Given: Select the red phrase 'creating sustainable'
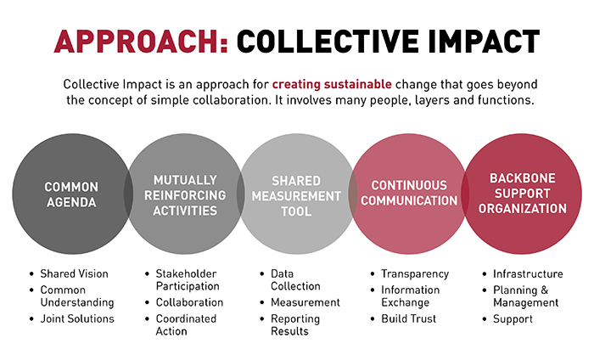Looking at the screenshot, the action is click(332, 84).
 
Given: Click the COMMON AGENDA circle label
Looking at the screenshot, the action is click(71, 194).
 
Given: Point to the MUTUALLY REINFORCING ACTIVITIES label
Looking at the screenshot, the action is click(185, 195).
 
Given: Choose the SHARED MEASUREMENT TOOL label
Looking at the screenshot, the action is click(296, 196).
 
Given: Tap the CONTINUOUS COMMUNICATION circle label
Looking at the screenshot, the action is click(409, 193).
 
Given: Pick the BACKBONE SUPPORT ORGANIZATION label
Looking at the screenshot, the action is click(523, 194).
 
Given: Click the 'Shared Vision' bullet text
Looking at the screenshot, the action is click(75, 273).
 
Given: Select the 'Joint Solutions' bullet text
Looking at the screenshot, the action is click(77, 318).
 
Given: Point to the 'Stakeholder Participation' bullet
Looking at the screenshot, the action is click(187, 279).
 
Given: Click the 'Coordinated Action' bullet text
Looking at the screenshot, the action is click(186, 324).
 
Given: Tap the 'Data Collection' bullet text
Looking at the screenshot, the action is click(295, 279).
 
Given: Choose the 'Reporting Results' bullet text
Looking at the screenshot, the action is click(295, 324).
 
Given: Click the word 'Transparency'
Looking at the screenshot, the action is click(415, 274).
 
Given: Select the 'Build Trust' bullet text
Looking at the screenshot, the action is click(409, 318).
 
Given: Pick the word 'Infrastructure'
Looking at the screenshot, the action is click(528, 273).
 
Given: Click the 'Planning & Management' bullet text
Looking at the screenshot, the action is click(526, 296).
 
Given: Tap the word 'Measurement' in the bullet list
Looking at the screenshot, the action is click(305, 302).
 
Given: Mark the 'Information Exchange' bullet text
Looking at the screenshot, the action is click(410, 296).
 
